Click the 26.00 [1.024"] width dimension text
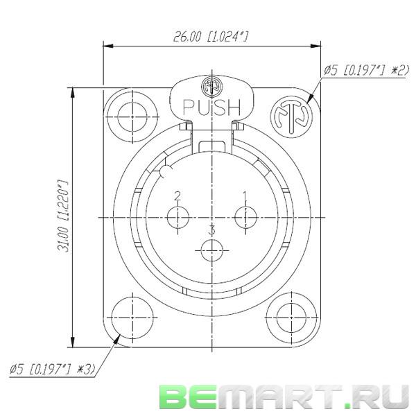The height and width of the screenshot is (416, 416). [210, 36]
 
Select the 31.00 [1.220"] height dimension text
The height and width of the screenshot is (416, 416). [64, 216]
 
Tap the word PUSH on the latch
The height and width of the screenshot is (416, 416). [211, 107]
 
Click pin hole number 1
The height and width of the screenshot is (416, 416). [245, 217]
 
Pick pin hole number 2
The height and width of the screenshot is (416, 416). [178, 217]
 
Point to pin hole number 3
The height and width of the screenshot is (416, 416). [211, 250]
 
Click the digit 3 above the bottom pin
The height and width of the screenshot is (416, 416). [211, 230]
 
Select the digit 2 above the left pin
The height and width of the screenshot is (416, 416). [177, 196]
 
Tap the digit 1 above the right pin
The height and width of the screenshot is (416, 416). [245, 196]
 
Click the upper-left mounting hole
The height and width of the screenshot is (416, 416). [132, 116]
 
